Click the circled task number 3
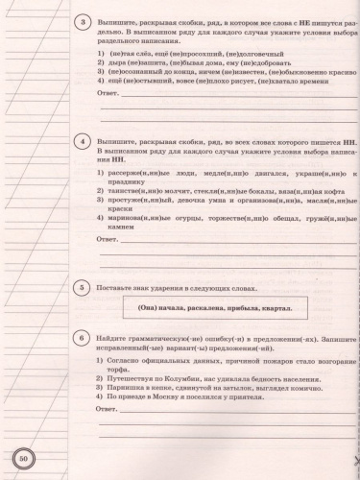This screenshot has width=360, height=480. click(x=84, y=21)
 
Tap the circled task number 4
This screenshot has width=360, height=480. click(x=84, y=143)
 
